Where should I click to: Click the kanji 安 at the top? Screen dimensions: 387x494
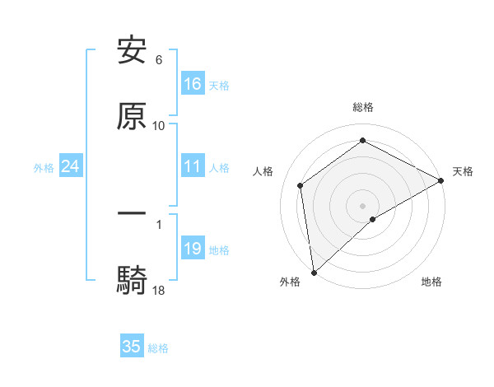(x=132, y=51)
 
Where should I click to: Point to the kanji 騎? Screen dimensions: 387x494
(x=132, y=279)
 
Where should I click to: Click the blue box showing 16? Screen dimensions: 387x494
(x=193, y=84)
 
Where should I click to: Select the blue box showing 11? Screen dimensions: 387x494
(x=193, y=166)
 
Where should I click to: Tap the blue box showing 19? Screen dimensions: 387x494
(x=193, y=249)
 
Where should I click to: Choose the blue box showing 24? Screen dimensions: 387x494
(x=70, y=166)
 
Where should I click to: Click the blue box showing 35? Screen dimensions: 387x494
(x=132, y=347)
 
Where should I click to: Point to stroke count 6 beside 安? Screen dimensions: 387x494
(x=159, y=60)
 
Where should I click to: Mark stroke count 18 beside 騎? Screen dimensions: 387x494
(x=159, y=289)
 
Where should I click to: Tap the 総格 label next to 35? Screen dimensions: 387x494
(x=158, y=348)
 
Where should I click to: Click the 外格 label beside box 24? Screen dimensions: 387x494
(x=44, y=168)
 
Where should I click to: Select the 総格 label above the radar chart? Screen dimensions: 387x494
(x=362, y=107)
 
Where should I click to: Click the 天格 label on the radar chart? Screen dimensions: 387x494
(x=463, y=171)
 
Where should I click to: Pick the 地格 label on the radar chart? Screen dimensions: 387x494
(x=431, y=282)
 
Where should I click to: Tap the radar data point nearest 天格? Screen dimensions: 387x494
(x=441, y=181)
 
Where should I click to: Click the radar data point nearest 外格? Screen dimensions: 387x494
(x=314, y=272)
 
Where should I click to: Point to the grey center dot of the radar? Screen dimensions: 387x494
(x=362, y=205)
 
